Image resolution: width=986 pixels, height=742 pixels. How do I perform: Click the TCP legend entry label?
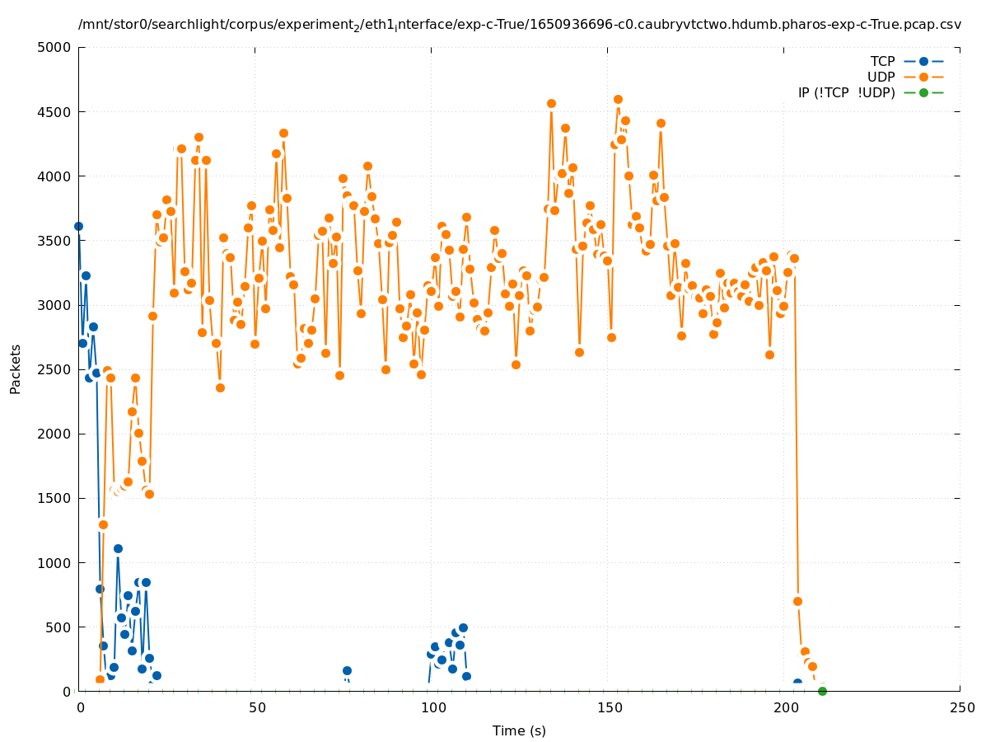[882, 61]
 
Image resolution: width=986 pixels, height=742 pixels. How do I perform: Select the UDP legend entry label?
[881, 77]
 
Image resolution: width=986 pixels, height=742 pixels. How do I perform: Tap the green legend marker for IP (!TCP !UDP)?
[923, 92]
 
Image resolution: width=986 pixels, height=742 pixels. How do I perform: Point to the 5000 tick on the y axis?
[54, 47]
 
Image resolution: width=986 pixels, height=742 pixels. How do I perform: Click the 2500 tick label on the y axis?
[54, 369]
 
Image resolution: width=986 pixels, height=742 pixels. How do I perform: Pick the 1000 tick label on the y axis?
[54, 563]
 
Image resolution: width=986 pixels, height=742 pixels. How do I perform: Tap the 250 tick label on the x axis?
[960, 707]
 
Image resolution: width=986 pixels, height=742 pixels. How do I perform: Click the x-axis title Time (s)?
[519, 730]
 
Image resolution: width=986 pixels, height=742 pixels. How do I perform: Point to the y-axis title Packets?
[16, 369]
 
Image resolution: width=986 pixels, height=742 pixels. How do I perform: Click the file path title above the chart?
[519, 25]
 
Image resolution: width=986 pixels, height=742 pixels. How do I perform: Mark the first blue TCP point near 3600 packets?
[78, 226]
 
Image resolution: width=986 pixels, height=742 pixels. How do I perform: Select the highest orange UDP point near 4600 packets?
[618, 99]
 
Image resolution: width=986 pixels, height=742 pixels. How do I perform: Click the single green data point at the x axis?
[822, 691]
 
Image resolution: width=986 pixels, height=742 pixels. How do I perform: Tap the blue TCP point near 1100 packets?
[118, 548]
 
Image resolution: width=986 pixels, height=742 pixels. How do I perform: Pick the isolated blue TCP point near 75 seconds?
[347, 670]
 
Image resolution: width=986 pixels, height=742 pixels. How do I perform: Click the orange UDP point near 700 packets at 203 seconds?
[797, 601]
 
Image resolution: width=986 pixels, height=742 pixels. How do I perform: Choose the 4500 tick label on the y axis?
[54, 111]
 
